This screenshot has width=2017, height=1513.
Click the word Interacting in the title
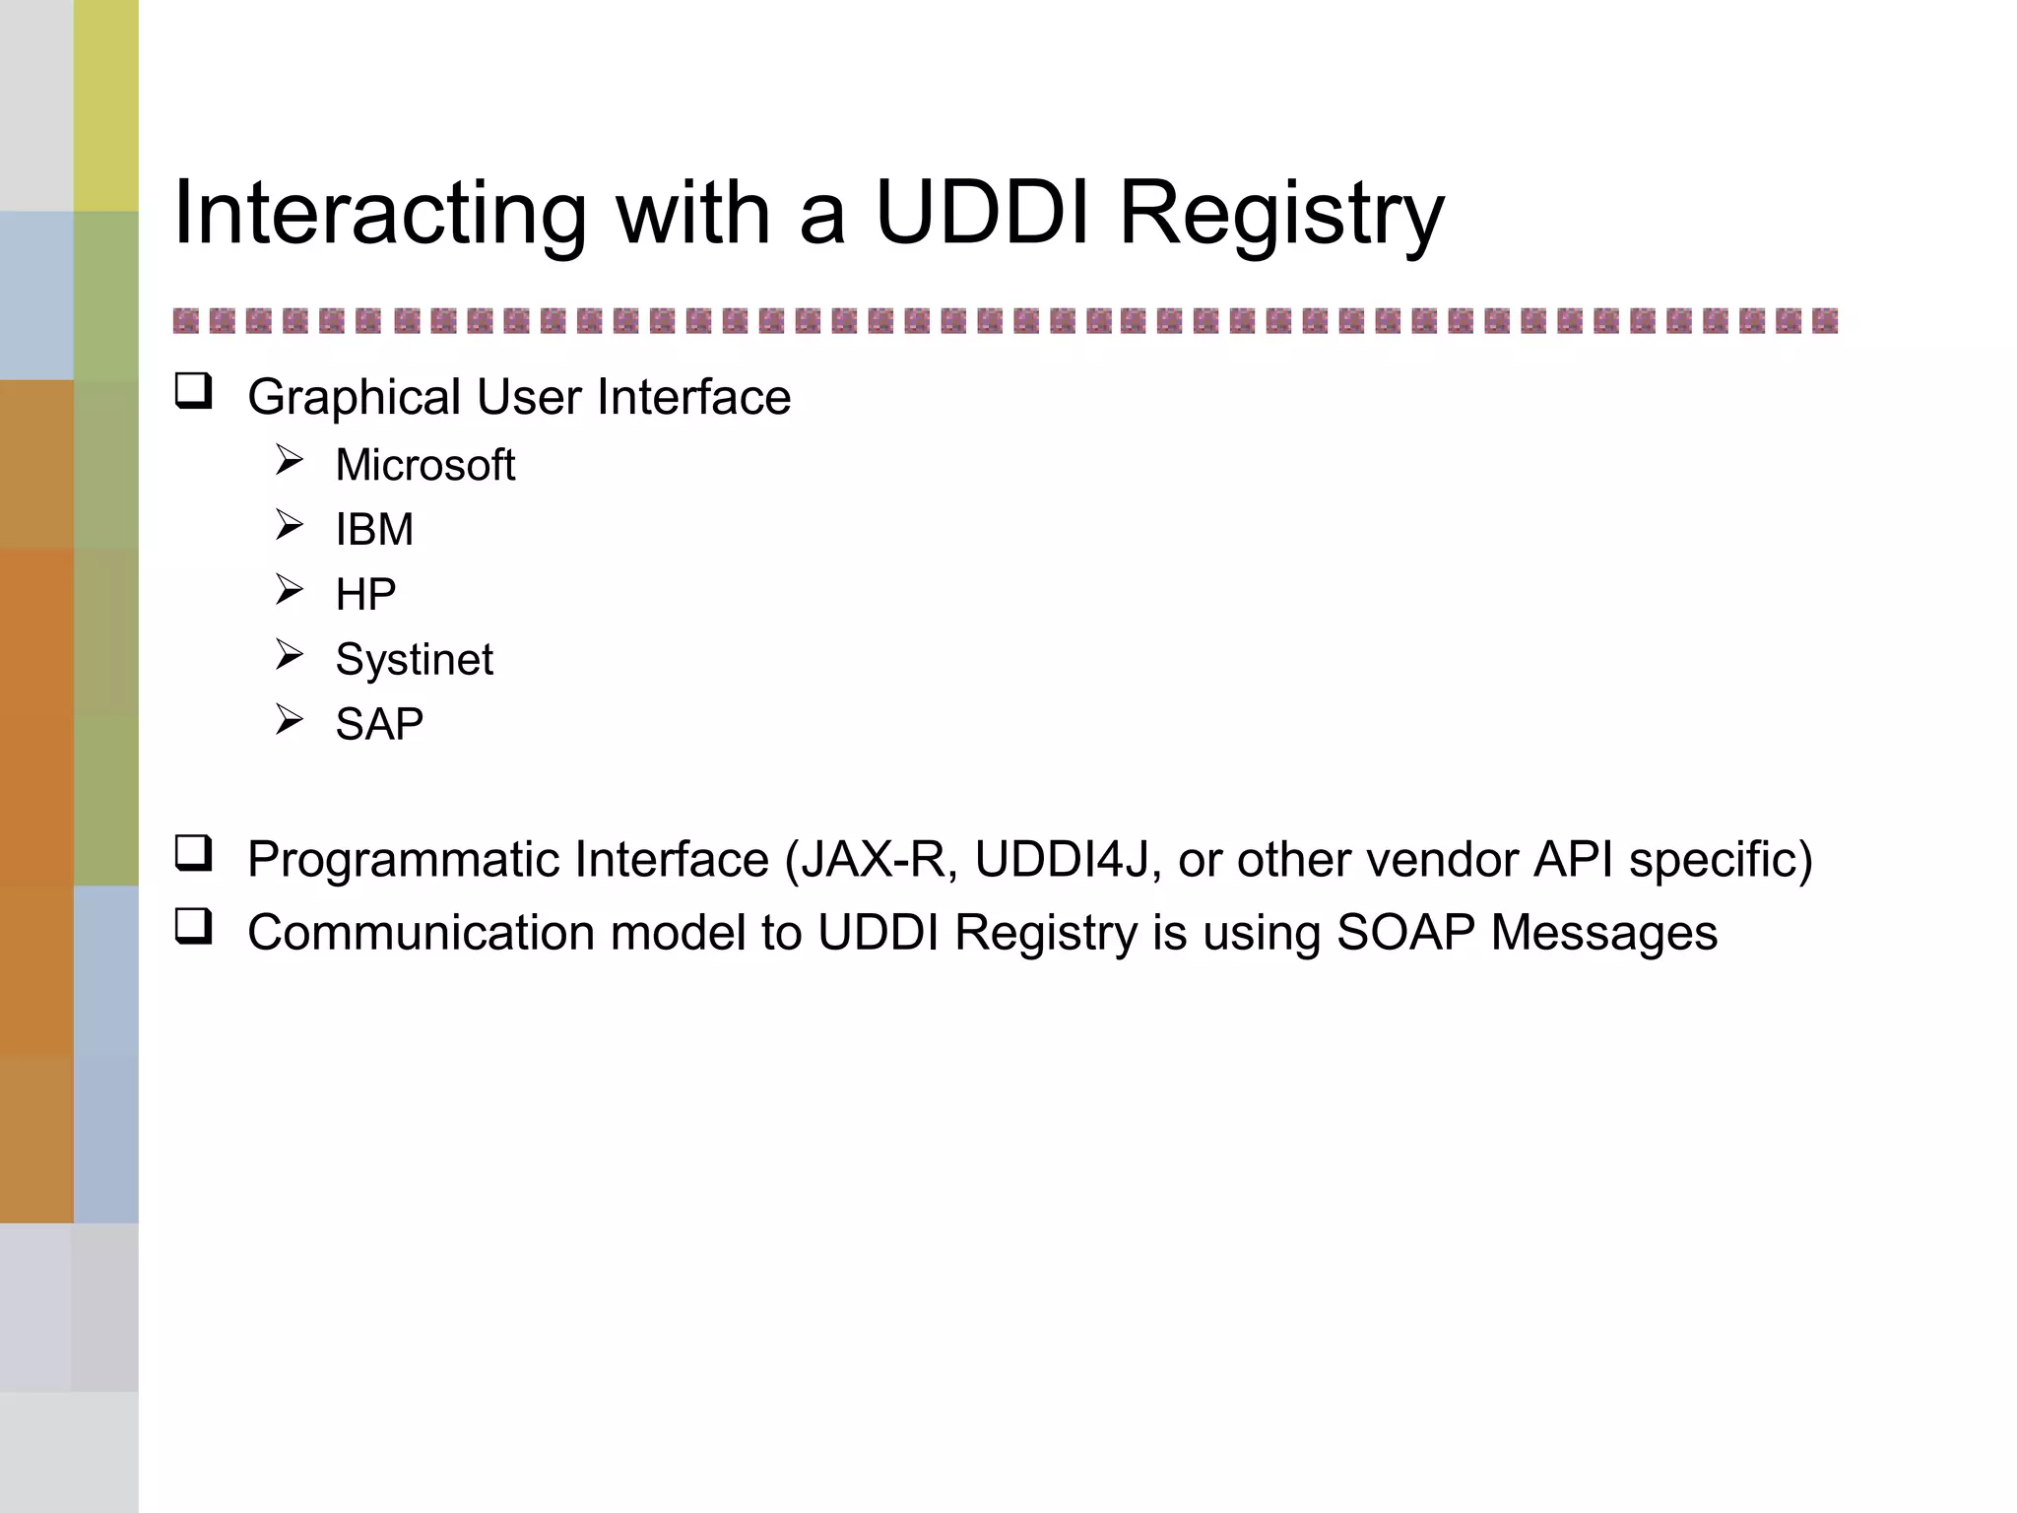380,214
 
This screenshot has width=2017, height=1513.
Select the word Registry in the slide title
1281,214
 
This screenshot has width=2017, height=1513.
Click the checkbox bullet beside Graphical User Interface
193,391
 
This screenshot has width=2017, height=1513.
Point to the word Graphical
354,398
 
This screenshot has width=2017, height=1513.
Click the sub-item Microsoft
424,465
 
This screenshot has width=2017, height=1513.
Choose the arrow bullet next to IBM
289,525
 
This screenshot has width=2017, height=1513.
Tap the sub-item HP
365,595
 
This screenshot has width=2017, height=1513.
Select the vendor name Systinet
414,660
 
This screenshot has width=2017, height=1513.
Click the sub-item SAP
379,725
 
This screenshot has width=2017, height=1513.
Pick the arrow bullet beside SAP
289,720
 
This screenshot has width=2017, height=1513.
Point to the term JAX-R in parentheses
878,859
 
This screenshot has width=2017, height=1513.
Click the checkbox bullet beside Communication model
193,926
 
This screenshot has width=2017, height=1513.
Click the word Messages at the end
1603,933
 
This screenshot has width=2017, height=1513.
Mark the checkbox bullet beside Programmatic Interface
193,853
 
